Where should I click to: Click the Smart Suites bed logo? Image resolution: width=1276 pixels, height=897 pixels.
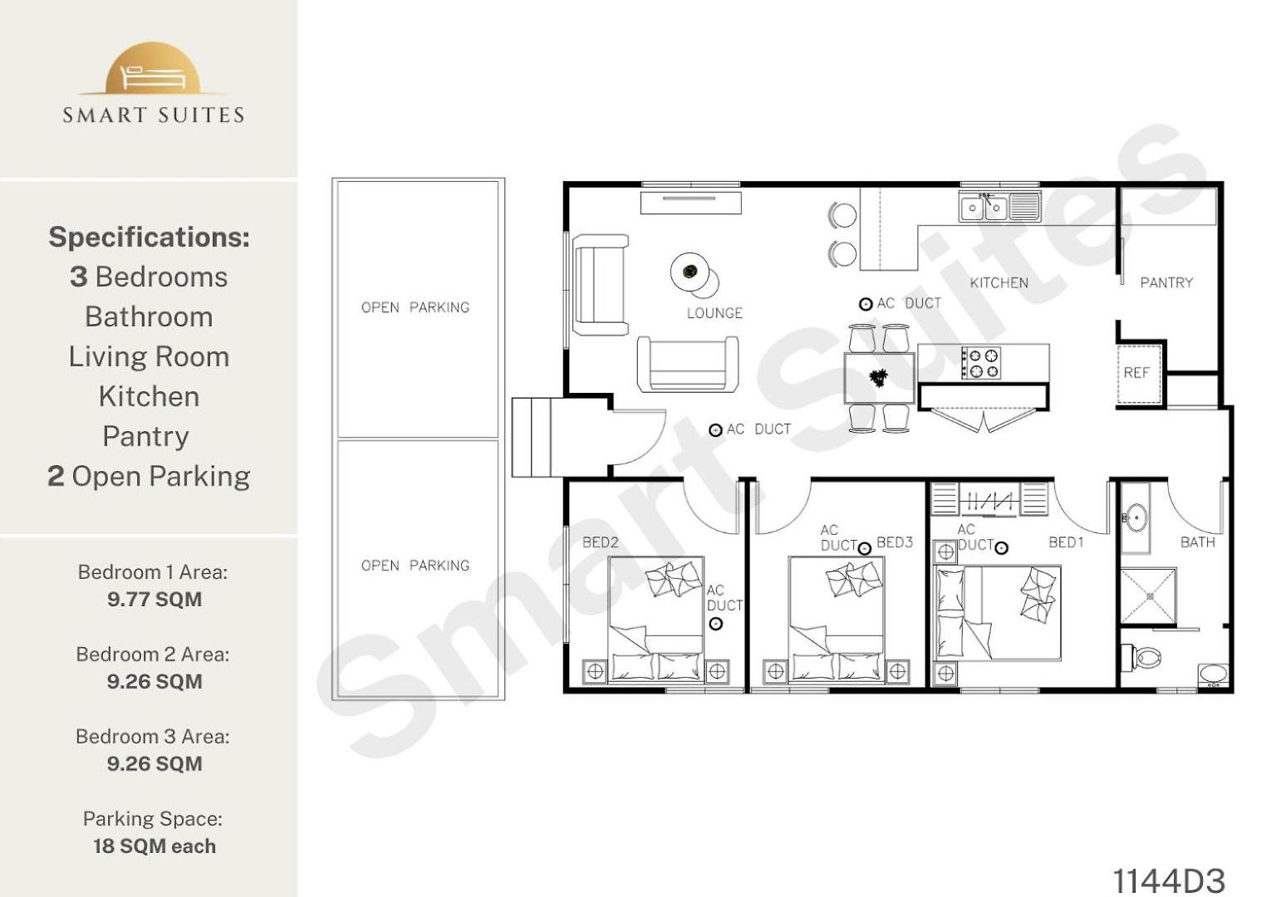point(153,69)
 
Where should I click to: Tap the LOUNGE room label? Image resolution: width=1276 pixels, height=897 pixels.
point(714,313)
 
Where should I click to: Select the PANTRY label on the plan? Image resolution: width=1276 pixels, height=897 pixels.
point(1166,282)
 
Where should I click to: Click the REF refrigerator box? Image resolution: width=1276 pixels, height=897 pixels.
point(1139,375)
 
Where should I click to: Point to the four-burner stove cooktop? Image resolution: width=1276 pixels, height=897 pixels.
point(981,363)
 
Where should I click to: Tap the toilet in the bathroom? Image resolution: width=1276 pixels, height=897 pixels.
point(1142,659)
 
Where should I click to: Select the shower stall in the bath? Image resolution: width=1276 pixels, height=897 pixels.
point(1148,596)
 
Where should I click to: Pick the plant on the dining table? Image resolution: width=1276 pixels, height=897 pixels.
point(878,377)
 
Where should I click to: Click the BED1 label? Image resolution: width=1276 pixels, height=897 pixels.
point(1066,542)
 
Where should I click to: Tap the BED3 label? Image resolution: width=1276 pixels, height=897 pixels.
point(895,542)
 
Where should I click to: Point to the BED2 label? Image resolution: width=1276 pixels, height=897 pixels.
point(601,542)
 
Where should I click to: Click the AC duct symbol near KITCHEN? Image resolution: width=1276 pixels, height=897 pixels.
point(866,305)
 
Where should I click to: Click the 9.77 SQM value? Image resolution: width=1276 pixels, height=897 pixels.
point(155,599)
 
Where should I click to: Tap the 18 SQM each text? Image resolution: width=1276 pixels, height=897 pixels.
point(155,846)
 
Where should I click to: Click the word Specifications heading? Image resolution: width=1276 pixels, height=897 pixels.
point(150,238)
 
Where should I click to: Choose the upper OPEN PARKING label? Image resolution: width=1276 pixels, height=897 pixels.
point(415,307)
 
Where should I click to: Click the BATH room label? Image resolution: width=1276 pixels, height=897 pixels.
point(1197,542)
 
